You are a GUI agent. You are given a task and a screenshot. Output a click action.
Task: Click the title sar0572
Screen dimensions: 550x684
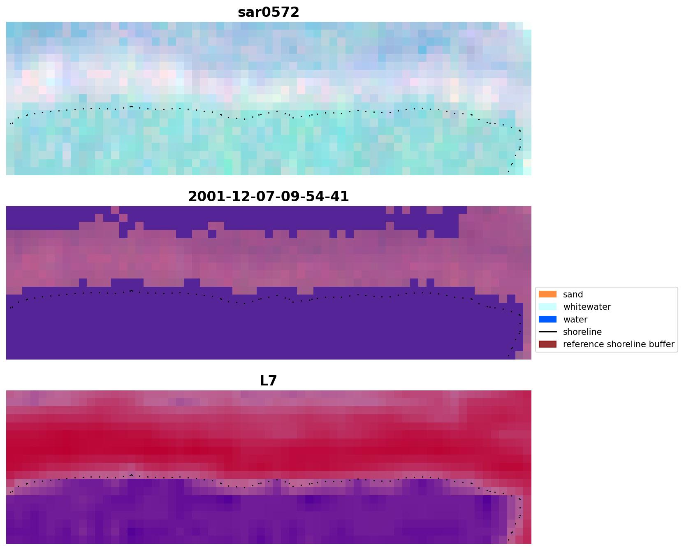(x=268, y=12)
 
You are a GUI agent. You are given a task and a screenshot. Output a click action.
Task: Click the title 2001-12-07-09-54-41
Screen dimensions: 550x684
(x=268, y=197)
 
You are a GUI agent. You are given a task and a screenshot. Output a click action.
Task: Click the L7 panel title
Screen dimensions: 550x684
(x=268, y=381)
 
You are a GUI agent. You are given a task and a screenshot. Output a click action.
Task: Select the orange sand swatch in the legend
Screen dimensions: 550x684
(x=547, y=295)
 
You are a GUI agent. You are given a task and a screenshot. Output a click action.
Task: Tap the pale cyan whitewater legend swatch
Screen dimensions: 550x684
(x=547, y=307)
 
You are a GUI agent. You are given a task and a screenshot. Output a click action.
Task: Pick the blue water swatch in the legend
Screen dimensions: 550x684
(x=547, y=319)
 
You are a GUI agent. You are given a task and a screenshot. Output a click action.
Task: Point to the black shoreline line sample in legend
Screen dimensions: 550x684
(x=547, y=332)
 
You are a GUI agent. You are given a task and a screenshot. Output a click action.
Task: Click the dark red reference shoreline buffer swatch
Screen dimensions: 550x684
(x=547, y=344)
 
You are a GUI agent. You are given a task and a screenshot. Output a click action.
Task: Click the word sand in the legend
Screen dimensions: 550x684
(x=573, y=295)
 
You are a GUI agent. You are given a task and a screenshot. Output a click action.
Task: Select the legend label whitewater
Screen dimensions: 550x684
(x=587, y=307)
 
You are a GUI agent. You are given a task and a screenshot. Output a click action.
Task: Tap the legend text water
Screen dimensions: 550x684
(x=575, y=320)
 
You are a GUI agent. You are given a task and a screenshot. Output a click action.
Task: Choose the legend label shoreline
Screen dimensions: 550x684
(x=582, y=332)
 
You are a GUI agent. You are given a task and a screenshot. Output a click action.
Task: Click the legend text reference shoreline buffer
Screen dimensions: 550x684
(x=618, y=344)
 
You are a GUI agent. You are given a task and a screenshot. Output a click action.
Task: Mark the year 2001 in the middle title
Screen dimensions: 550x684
(x=203, y=197)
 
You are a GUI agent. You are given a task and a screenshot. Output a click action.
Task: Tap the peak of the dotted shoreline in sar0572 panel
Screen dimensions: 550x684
(x=131, y=107)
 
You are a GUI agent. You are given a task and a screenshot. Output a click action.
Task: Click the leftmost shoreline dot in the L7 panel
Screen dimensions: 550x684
(x=10, y=492)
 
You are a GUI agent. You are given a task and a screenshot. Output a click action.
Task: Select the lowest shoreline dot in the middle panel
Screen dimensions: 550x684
(x=508, y=355)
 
